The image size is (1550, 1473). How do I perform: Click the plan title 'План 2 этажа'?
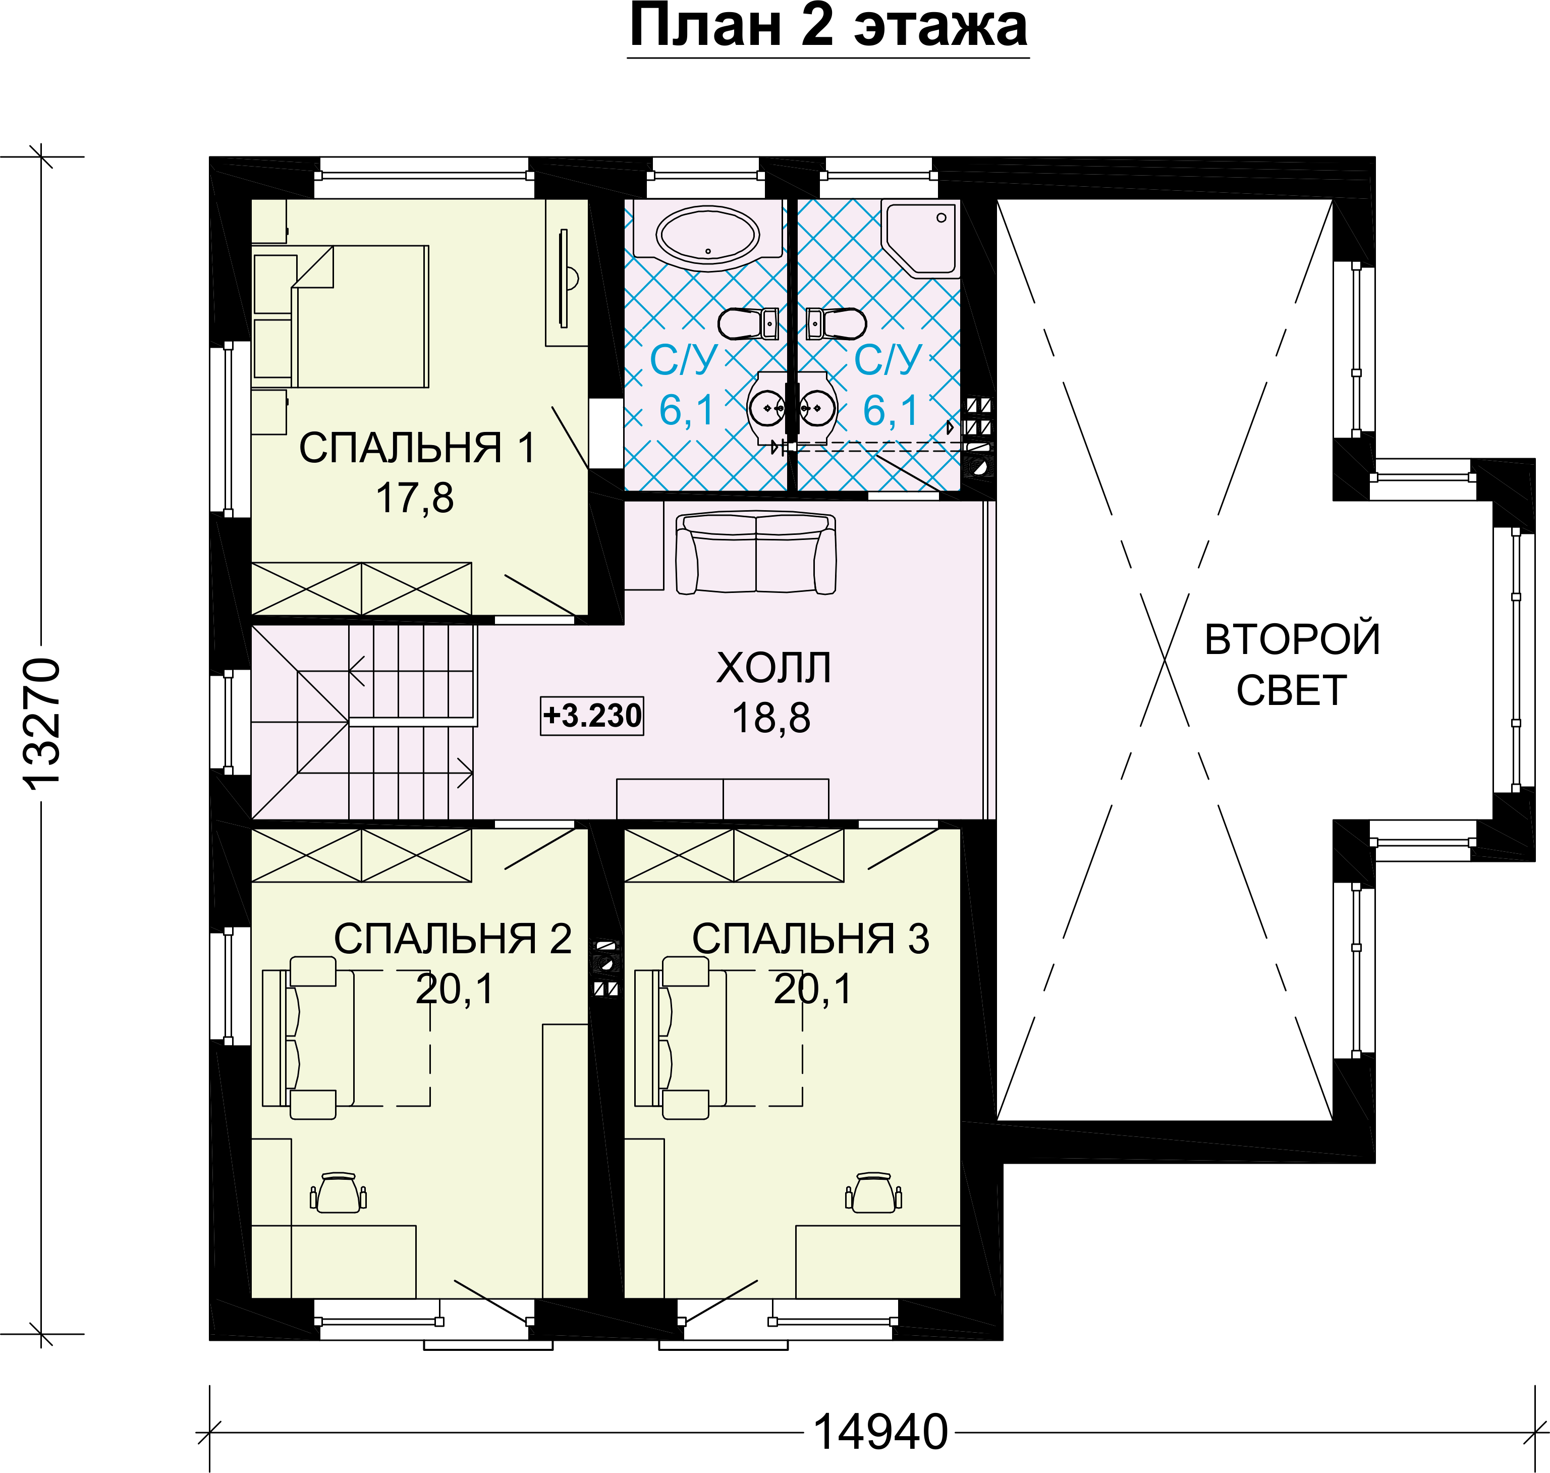tap(828, 27)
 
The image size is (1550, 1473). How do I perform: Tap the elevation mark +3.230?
tap(592, 715)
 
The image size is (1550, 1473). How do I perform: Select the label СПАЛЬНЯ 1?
tap(417, 448)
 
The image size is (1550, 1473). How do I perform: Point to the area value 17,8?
tap(415, 498)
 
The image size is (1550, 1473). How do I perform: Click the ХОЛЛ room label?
tap(773, 668)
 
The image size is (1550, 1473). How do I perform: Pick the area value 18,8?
tap(771, 718)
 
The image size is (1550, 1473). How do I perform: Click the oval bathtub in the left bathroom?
tap(707, 235)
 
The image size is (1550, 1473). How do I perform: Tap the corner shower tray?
tap(920, 238)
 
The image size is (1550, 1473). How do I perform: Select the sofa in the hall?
tap(755, 553)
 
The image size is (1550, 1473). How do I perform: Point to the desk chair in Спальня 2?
tap(339, 1193)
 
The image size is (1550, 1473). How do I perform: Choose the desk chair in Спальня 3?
tap(874, 1193)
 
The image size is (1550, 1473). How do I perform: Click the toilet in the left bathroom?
tap(748, 323)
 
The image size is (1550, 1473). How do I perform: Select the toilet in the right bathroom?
tap(837, 323)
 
